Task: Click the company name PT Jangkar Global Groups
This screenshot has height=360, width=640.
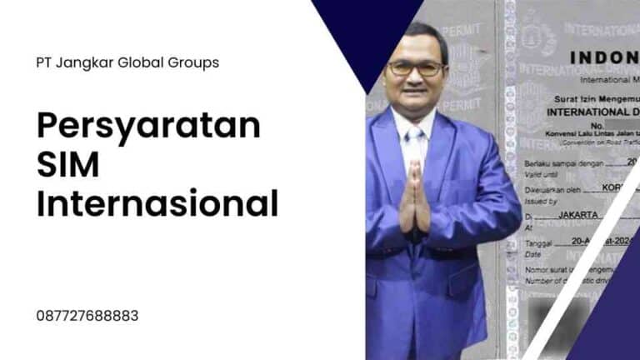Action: click(x=127, y=62)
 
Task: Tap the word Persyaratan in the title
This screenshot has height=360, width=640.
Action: click(x=148, y=127)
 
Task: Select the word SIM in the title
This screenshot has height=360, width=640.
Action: click(x=67, y=165)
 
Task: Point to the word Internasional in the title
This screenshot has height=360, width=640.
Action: click(x=157, y=203)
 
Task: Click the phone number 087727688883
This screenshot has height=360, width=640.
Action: click(x=87, y=317)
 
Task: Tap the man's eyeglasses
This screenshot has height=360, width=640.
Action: click(x=415, y=69)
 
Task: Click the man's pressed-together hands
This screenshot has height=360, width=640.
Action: click(x=415, y=200)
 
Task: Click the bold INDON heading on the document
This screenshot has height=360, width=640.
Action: click(x=604, y=57)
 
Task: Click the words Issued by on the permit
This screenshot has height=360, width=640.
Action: click(x=540, y=201)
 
